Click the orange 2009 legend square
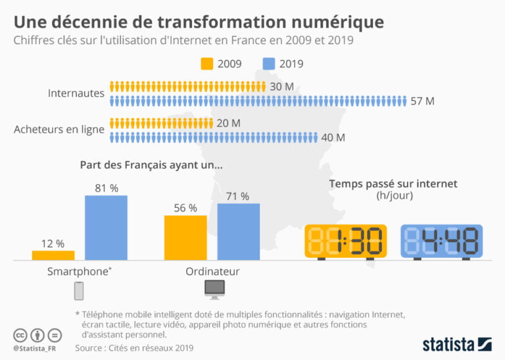pyautogui.click(x=207, y=64)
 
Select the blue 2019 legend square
pyautogui.click(x=269, y=64)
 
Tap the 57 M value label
pyautogui.click(x=422, y=101)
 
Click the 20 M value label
pyautogui.click(x=228, y=123)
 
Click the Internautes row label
pyautogui.click(x=76, y=93)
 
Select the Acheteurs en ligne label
pyautogui.click(x=59, y=130)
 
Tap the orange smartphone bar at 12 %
pyautogui.click(x=53, y=255)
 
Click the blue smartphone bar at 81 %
pyautogui.click(x=106, y=228)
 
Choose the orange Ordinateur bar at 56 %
pyautogui.click(x=185, y=238)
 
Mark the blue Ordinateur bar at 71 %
pyautogui.click(x=239, y=232)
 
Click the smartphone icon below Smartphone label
pyautogui.click(x=79, y=290)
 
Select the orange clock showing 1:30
pyautogui.click(x=346, y=242)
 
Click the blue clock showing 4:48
pyautogui.click(x=441, y=242)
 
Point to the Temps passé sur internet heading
pyautogui.click(x=393, y=184)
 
